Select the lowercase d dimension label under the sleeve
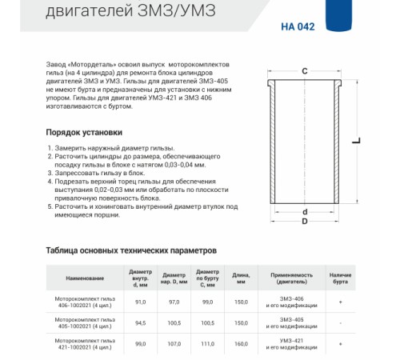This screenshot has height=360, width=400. (x=305, y=212)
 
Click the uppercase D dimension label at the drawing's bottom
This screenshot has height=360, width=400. (x=305, y=222)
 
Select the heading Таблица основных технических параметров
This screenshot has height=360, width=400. (x=132, y=250)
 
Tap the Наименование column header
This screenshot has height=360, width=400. (x=85, y=278)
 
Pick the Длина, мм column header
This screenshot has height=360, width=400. (x=241, y=278)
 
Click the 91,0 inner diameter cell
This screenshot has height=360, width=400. (x=141, y=302)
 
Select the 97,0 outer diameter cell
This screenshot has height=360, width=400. (x=174, y=302)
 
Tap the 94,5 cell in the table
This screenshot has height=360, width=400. (x=141, y=323)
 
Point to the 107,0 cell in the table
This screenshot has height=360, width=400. (x=174, y=344)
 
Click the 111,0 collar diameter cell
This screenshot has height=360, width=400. (x=207, y=344)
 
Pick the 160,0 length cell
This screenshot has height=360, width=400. (x=241, y=344)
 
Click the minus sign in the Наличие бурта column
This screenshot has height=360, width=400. (x=341, y=323)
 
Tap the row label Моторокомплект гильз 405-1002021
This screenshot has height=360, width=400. (x=86, y=323)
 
